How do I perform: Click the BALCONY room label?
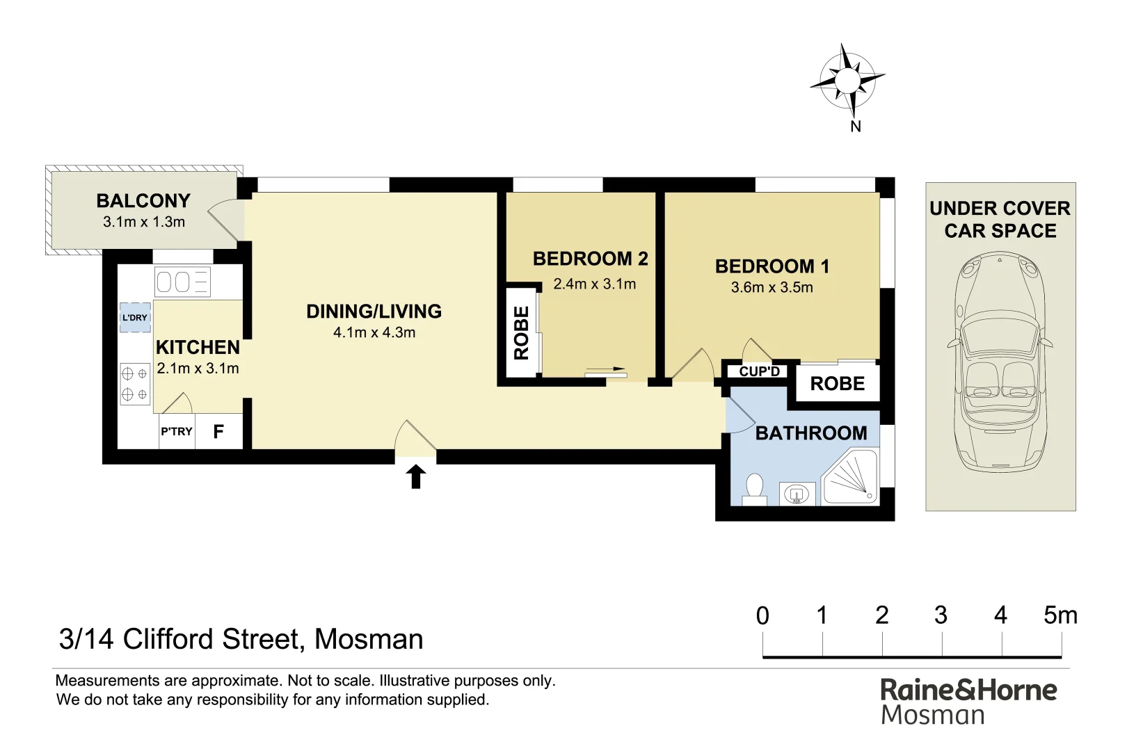tap(143, 201)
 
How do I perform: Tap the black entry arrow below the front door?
tap(416, 477)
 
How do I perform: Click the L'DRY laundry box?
tap(135, 318)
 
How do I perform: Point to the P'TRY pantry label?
tap(177, 432)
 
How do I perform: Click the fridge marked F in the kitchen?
tap(218, 432)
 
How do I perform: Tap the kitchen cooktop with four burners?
tap(135, 384)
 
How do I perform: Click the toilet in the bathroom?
tap(753, 488)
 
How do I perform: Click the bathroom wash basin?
tap(797, 494)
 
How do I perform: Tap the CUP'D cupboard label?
tap(759, 371)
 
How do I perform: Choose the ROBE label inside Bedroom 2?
tap(522, 332)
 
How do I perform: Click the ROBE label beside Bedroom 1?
tap(838, 384)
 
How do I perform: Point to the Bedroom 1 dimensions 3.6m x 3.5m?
tap(772, 288)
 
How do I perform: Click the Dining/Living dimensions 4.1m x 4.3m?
tap(374, 332)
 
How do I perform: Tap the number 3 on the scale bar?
tap(941, 615)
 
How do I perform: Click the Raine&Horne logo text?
tap(968, 690)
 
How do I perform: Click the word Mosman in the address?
tap(369, 639)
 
